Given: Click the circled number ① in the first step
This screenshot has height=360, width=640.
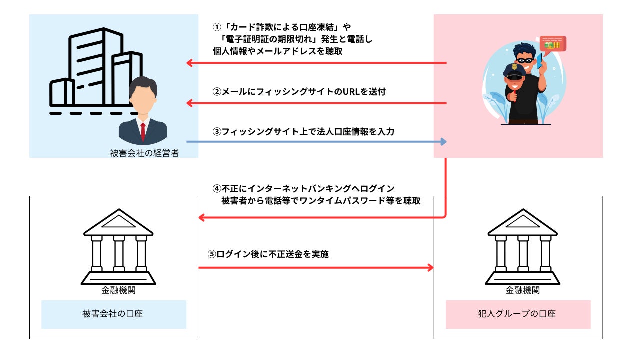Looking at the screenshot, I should coord(217,27).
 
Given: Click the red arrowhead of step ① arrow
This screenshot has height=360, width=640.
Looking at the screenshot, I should coord(189,63).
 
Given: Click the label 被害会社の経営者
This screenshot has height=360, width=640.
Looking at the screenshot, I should coord(144,153).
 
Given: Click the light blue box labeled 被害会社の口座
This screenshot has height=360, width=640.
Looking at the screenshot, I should coord(114,314).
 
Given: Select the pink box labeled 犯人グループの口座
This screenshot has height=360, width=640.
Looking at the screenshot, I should coord(518,314).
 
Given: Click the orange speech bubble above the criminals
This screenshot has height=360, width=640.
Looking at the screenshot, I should coord(553,45).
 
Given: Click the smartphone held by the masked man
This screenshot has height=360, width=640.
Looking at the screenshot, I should coord(539,60).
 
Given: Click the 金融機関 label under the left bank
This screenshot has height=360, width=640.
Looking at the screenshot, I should coord(118,290).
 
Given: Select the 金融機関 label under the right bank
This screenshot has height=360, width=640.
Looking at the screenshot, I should coord(523,290).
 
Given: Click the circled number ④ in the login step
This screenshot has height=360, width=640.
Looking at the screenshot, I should coord(217,189).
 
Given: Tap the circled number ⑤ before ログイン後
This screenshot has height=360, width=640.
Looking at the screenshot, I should coord(212,254).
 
